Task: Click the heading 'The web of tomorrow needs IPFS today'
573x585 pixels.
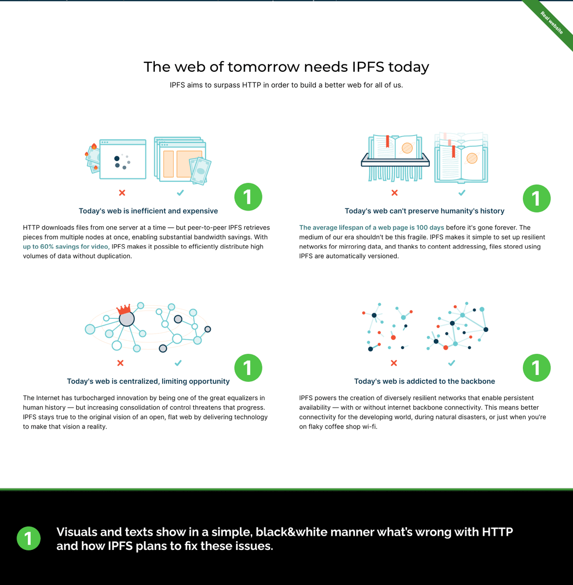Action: [286, 67]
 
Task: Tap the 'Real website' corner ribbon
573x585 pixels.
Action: [552, 22]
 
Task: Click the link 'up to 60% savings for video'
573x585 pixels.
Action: [66, 247]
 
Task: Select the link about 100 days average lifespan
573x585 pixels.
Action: [371, 228]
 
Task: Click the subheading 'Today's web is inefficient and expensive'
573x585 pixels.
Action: [148, 211]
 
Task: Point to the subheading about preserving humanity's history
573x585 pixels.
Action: [424, 211]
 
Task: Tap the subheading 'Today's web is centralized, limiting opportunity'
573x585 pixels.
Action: [148, 381]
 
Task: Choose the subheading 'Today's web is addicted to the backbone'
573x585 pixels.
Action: [424, 381]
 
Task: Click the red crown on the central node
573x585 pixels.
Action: [124, 309]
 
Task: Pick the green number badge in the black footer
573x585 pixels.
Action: [29, 538]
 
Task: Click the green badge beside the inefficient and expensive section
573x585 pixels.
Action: [248, 197]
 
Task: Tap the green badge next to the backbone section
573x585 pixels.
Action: [536, 368]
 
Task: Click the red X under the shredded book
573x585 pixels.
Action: [394, 193]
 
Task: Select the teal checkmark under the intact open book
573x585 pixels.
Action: [462, 193]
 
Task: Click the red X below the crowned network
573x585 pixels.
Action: [120, 363]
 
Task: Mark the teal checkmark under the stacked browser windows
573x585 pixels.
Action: [180, 193]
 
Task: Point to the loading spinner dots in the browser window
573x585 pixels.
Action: [122, 161]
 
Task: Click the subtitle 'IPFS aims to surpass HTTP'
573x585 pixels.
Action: [286, 85]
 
